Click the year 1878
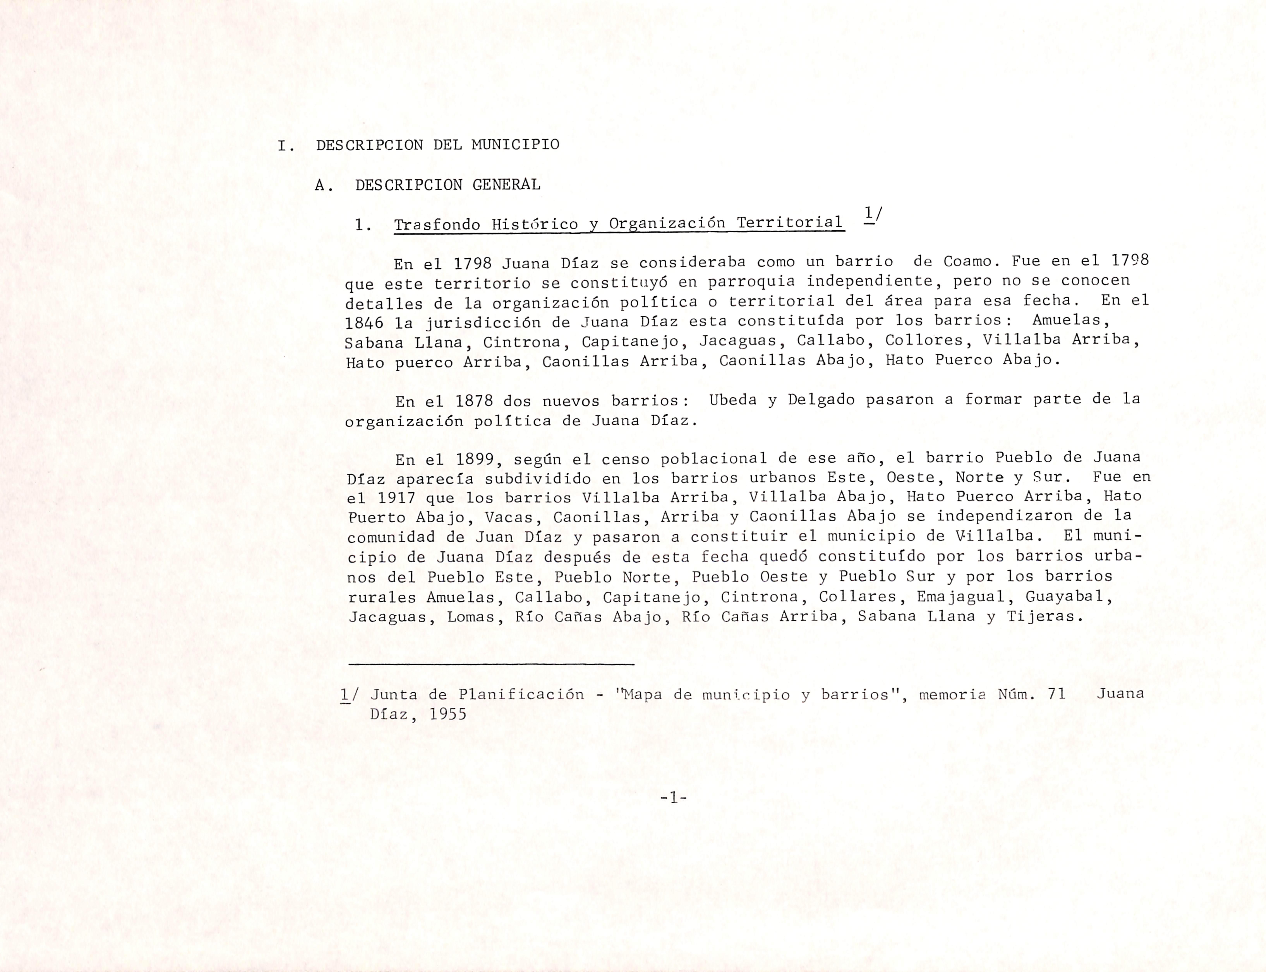(x=474, y=401)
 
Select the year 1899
(x=474, y=460)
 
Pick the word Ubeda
(x=733, y=400)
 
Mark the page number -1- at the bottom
(x=673, y=799)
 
